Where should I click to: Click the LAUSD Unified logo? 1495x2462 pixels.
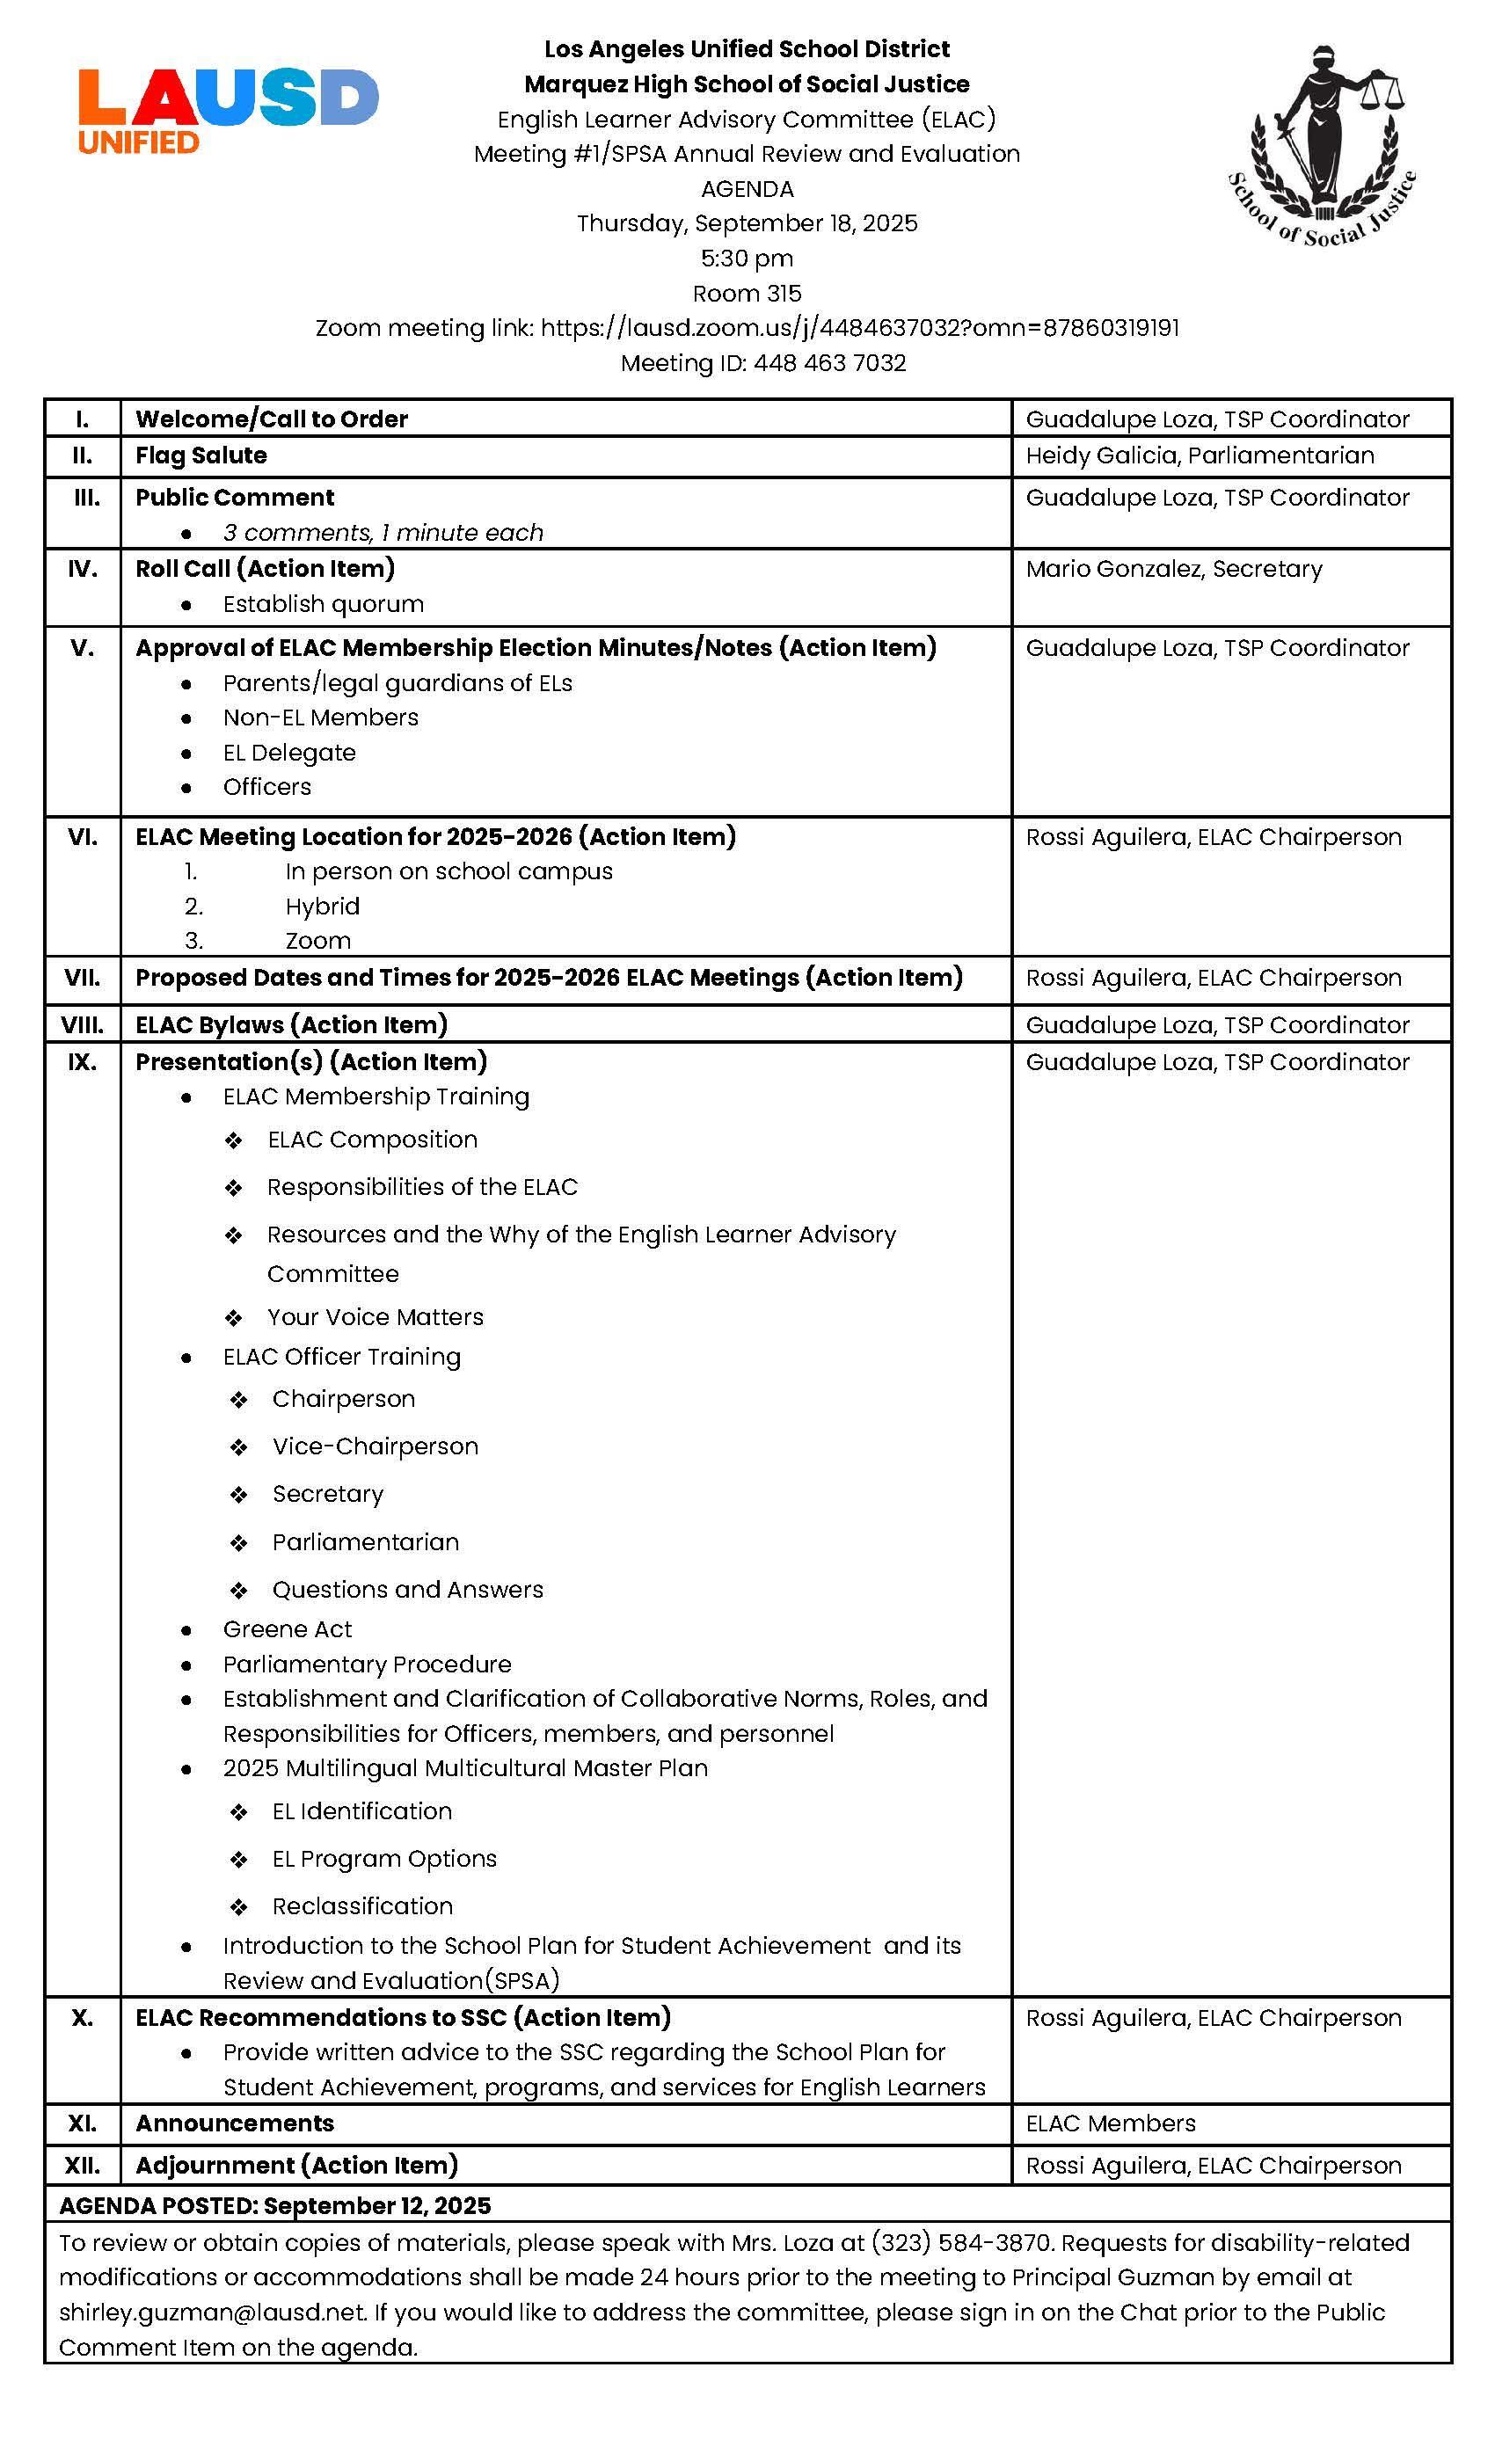pos(228,110)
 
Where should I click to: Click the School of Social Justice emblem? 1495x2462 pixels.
pos(1322,145)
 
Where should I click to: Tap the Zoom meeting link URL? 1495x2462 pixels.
pos(859,328)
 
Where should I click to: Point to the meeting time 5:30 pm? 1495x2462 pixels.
pos(747,258)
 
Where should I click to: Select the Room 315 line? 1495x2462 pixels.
pos(747,293)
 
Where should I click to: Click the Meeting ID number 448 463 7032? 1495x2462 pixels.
pos(829,362)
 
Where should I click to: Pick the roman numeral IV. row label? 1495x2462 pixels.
pos(82,569)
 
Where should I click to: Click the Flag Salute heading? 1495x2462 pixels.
pos(201,455)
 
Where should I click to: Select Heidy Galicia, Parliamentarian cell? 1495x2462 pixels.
pos(1200,455)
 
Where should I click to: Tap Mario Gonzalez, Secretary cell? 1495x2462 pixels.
pos(1173,569)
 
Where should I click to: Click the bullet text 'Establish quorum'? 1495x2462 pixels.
pos(323,603)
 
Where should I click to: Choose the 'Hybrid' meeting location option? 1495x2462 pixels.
pos(322,907)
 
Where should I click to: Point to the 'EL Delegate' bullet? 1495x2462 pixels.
pos(288,753)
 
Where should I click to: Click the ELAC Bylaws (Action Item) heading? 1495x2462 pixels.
pos(291,1024)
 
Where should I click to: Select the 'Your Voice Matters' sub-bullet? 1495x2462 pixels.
pos(375,1317)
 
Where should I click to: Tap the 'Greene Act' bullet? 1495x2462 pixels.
pos(287,1628)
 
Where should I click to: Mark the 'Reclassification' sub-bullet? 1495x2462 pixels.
pos(361,1905)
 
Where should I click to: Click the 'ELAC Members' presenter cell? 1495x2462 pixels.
pos(1110,2123)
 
